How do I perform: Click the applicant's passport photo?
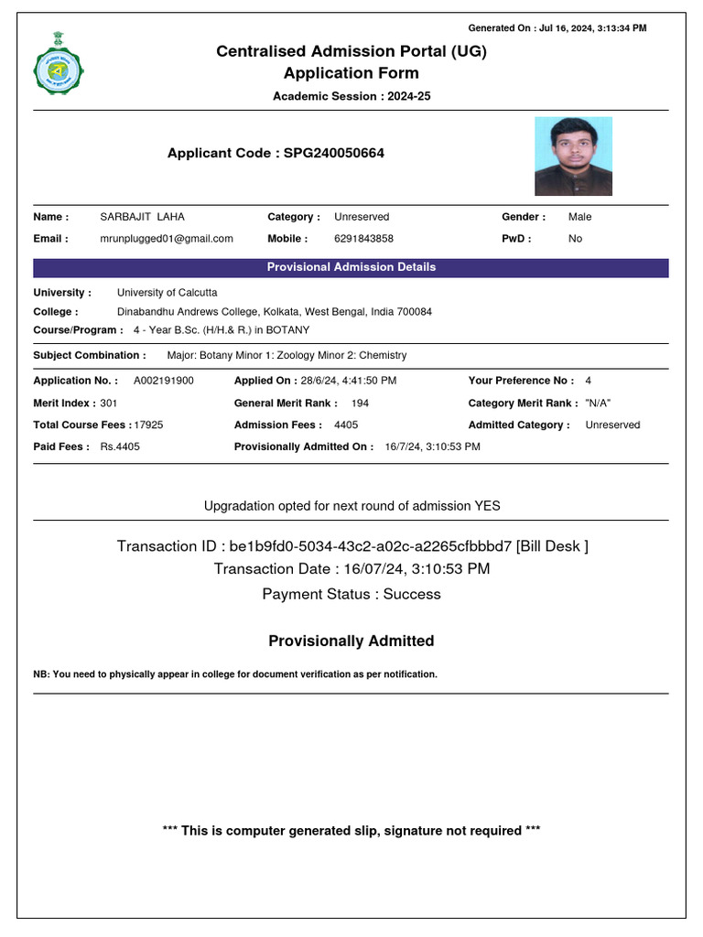coord(573,156)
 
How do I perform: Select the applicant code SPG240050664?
coord(334,154)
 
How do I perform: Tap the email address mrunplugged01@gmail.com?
coord(167,239)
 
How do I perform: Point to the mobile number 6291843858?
coord(363,239)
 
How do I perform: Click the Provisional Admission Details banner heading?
coord(351,267)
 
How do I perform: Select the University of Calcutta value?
coord(168,293)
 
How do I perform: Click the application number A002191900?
coord(164,381)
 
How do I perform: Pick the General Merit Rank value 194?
coord(361,403)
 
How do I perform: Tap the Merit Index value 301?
coord(109,403)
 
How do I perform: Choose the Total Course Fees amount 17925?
coord(148,425)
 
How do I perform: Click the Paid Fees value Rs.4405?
coord(120,447)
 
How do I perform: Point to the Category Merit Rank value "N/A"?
coord(598,403)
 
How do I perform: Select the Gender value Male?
coord(579,217)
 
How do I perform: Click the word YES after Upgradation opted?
coord(487,506)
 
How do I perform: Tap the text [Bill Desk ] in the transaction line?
coord(552,546)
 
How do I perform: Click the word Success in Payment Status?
coord(411,594)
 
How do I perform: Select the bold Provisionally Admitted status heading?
coord(351,641)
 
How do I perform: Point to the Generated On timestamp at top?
coord(557,28)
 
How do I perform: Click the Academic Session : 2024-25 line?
coord(351,96)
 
